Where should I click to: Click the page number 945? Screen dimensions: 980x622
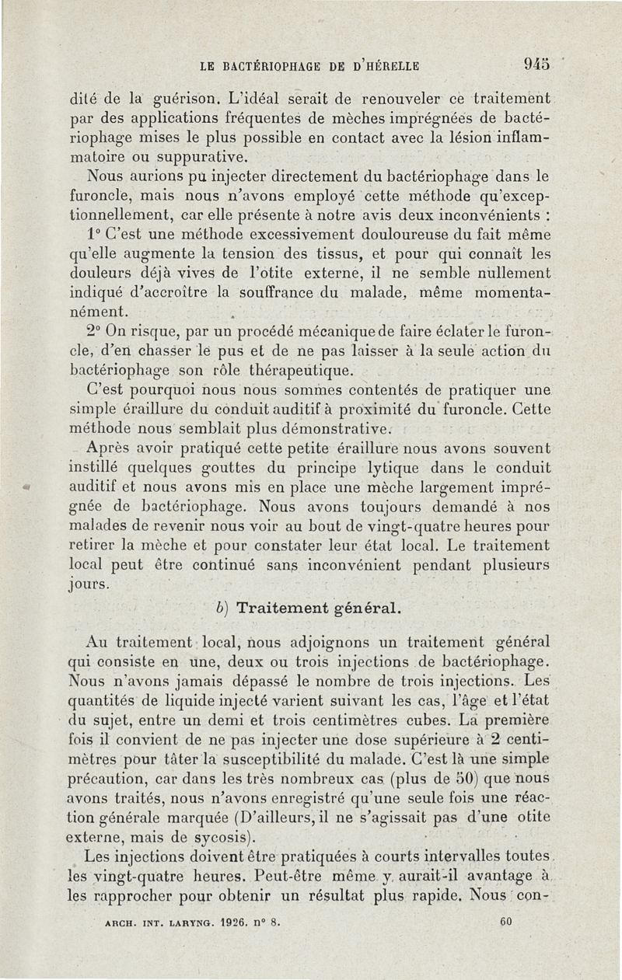(x=538, y=65)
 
